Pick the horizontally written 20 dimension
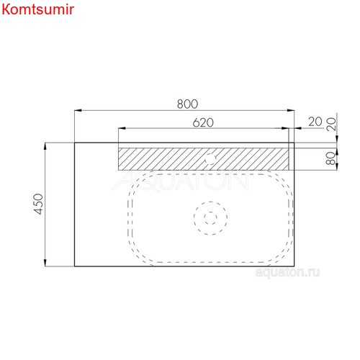(314, 122)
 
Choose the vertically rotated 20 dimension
(332, 122)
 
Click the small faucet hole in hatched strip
(214, 157)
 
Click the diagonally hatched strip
(166, 157)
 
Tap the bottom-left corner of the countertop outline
(75, 266)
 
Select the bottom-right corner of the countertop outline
(295, 266)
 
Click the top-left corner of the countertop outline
(75, 143)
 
